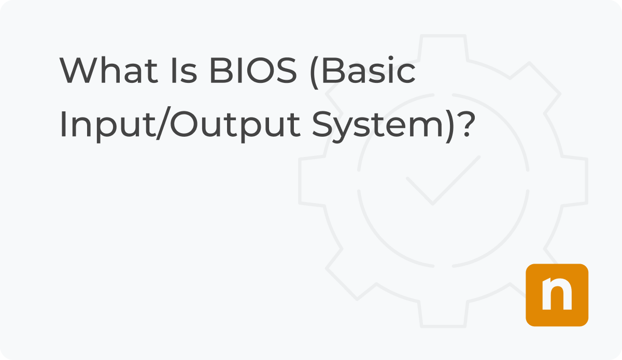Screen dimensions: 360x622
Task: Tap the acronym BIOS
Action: [253, 71]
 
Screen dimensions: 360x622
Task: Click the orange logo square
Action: [557, 295]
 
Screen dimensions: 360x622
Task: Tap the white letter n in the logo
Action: [557, 296]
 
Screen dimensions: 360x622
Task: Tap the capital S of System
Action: [321, 125]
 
